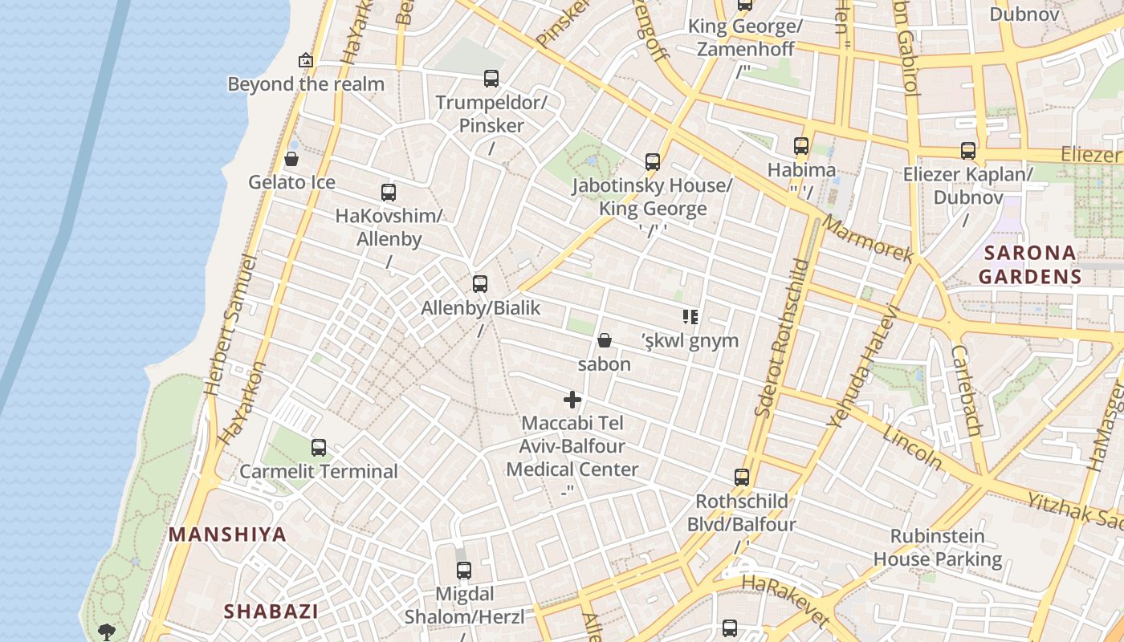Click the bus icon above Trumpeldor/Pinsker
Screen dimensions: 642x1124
[x=491, y=79]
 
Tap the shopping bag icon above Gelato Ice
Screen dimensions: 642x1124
[x=291, y=159]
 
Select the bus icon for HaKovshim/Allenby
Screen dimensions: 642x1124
[x=389, y=193]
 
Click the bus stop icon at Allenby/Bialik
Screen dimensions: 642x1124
[x=480, y=284]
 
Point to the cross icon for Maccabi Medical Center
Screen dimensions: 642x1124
[x=572, y=400]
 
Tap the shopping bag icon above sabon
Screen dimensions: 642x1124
[x=605, y=341]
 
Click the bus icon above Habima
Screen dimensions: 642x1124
[x=801, y=146]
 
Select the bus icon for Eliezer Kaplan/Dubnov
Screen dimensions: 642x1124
[x=968, y=151]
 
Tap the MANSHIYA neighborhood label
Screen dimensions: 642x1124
[x=227, y=534]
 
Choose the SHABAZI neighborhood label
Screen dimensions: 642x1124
[x=271, y=612]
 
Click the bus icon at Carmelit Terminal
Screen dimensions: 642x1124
[x=319, y=448]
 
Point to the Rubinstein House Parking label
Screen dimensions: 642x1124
[x=938, y=547]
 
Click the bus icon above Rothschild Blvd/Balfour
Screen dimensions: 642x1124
[x=742, y=477]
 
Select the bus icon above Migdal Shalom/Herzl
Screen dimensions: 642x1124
[x=464, y=571]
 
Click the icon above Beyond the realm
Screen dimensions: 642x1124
[x=306, y=60]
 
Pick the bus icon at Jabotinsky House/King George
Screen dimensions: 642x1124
[x=653, y=162]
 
